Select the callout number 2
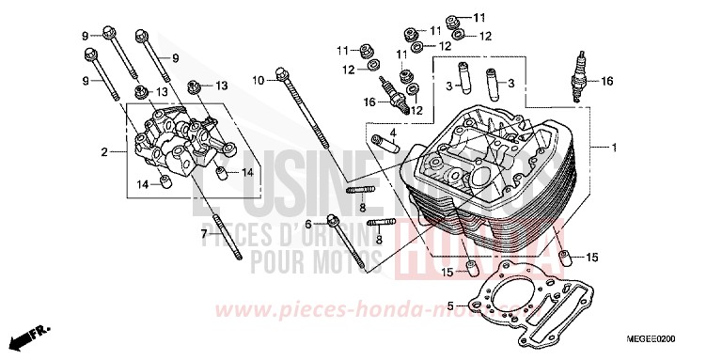[x=105, y=151]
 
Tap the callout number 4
[x=394, y=132]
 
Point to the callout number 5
[x=450, y=305]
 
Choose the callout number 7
[x=202, y=232]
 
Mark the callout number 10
[x=258, y=81]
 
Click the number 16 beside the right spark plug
[x=606, y=82]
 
